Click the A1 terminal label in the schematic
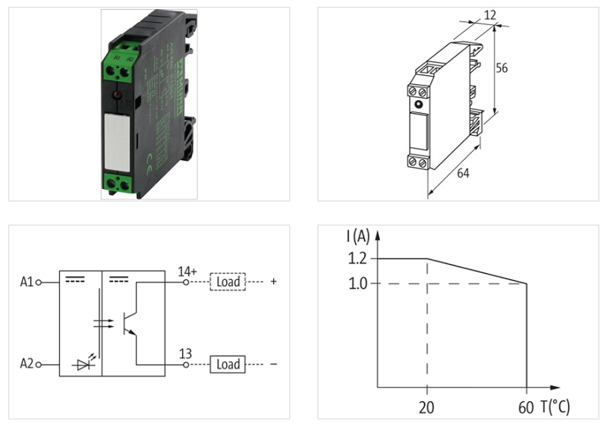27,282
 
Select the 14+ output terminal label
187,270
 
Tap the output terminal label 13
184,353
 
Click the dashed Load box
228,282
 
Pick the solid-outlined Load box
228,365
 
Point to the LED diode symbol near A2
83,365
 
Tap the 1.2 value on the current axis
358,259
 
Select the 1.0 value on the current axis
358,284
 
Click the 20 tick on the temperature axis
427,407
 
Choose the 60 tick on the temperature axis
526,407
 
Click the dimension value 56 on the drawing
502,68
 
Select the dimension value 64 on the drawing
463,174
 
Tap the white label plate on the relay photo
117,141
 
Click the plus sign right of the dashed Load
273,282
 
